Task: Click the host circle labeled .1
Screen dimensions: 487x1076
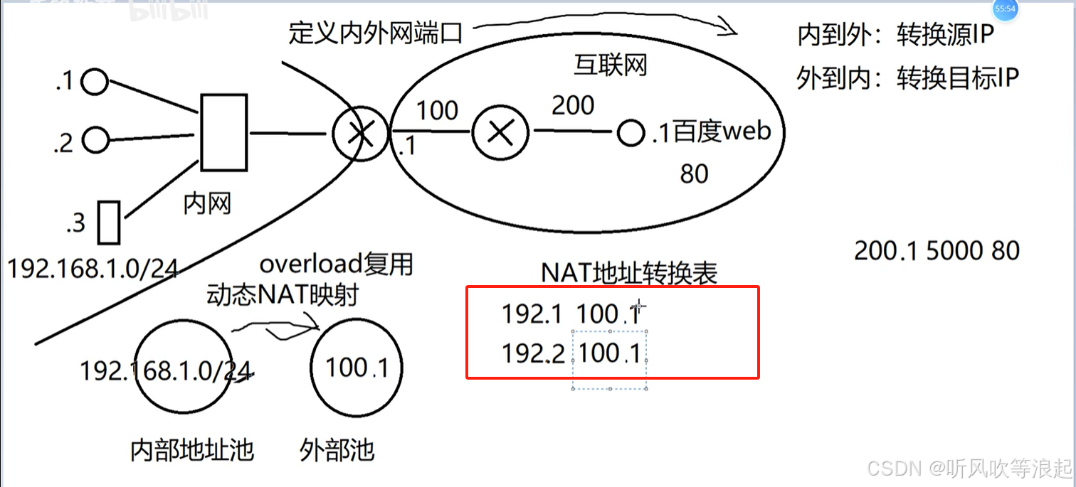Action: [x=94, y=82]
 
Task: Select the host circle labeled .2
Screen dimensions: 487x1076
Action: [x=95, y=140]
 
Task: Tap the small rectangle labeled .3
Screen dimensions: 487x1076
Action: [x=108, y=223]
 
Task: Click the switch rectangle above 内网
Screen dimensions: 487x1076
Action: [x=224, y=133]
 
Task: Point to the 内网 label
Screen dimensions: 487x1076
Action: [x=207, y=204]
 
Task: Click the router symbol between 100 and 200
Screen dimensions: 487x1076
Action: [x=501, y=132]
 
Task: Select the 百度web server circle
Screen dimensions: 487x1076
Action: [x=631, y=134]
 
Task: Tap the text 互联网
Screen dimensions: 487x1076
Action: [x=610, y=66]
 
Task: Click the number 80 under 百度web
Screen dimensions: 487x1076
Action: [x=694, y=174]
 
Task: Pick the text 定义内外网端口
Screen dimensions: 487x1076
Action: [x=376, y=33]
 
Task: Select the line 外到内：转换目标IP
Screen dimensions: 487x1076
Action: [x=907, y=78]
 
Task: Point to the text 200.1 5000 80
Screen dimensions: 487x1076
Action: [x=937, y=251]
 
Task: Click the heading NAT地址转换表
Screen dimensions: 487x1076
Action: [x=629, y=273]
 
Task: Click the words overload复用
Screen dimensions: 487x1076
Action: [x=336, y=264]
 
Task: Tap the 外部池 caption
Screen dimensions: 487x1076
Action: [x=337, y=450]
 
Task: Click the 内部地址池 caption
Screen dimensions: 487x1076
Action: [x=192, y=450]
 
